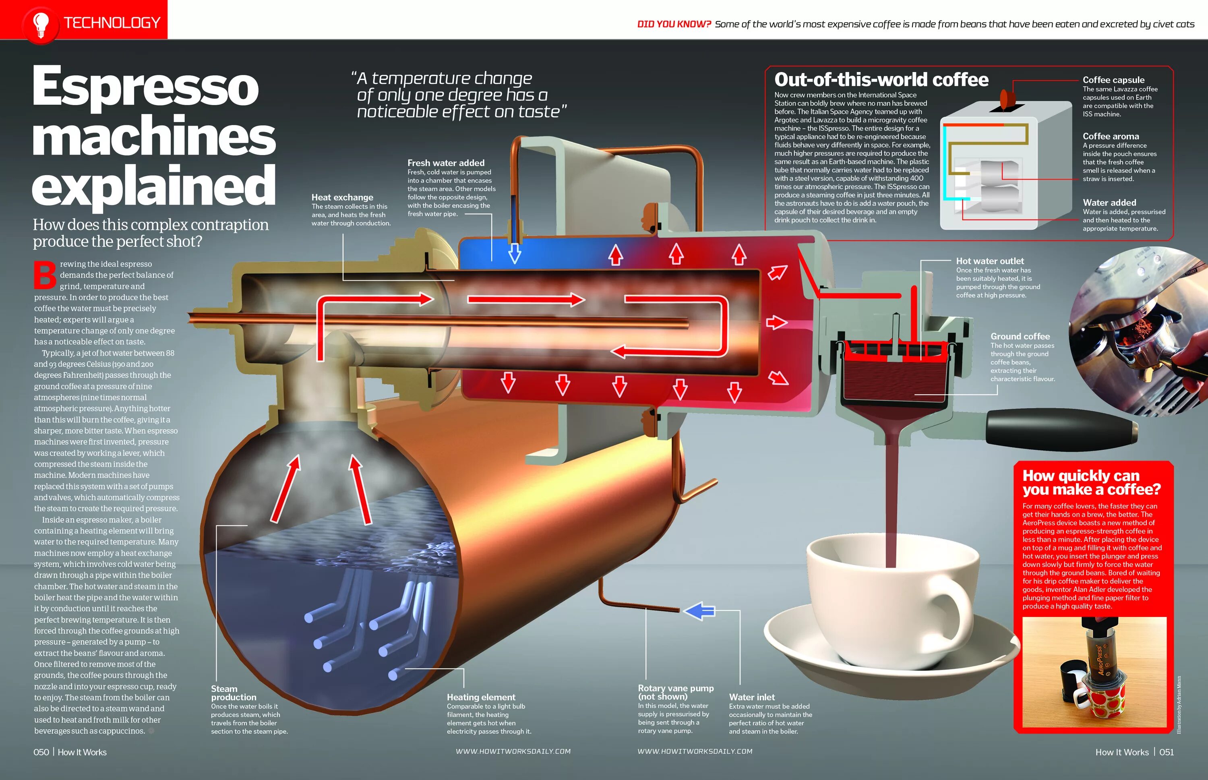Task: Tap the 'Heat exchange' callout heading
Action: (x=342, y=197)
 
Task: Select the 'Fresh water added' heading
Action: (x=446, y=163)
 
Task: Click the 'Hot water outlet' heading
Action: (x=989, y=261)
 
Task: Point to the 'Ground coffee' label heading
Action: (x=1020, y=336)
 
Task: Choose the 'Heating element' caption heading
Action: (x=481, y=697)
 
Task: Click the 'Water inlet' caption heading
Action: (x=752, y=697)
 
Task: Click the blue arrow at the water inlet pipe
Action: (x=699, y=611)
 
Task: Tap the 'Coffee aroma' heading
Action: (x=1110, y=136)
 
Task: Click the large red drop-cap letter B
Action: (x=45, y=275)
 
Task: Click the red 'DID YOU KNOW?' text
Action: (x=674, y=24)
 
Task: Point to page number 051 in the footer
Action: (x=1166, y=752)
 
